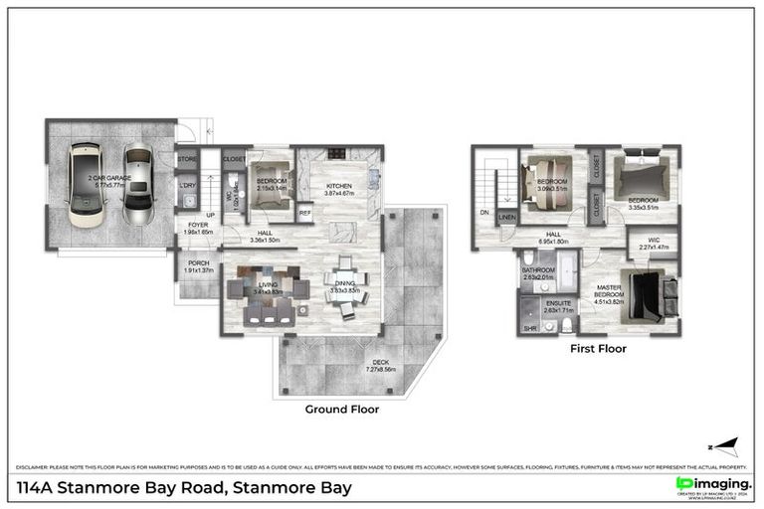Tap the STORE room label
click(187, 157)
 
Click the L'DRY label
click(187, 185)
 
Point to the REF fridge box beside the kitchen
click(305, 212)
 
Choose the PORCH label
click(198, 265)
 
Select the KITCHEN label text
click(340, 186)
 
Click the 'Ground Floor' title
click(341, 409)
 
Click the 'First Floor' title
click(597, 350)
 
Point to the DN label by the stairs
click(484, 213)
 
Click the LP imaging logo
click(712, 484)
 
